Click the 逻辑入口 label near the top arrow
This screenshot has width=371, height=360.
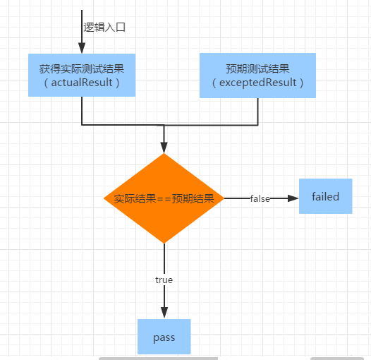(x=104, y=28)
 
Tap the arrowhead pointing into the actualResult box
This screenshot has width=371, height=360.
(x=82, y=48)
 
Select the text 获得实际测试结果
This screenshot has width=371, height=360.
(x=82, y=69)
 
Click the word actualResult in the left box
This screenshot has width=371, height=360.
(x=82, y=83)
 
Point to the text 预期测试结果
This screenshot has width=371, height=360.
(x=257, y=69)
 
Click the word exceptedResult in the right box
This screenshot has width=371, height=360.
(x=258, y=83)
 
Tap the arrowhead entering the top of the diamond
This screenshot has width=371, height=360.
(x=164, y=148)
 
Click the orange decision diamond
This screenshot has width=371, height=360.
(x=164, y=198)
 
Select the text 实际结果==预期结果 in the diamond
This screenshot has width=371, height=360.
(x=164, y=198)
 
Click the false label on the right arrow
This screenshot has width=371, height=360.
(x=260, y=198)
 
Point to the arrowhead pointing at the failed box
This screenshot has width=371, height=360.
(x=293, y=198)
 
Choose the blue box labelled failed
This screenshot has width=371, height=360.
(x=326, y=196)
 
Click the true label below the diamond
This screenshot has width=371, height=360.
(x=164, y=280)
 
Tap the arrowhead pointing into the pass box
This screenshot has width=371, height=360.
(x=164, y=313)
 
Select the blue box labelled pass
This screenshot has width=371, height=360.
(x=164, y=337)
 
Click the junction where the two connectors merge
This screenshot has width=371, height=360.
(x=164, y=125)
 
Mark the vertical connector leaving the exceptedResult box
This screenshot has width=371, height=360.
(x=257, y=112)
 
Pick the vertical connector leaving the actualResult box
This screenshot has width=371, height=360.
(x=82, y=111)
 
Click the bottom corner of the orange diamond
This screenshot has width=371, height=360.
(x=164, y=244)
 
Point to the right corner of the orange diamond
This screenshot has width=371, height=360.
(x=224, y=198)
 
